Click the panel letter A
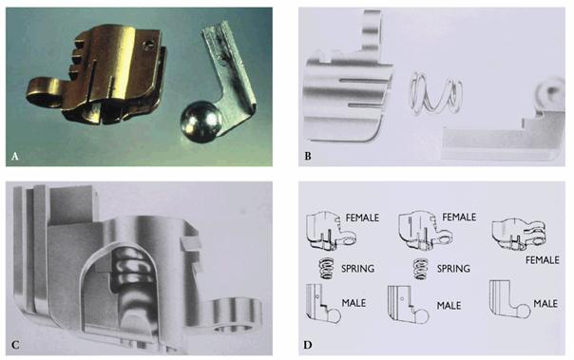coord(14,157)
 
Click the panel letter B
coord(308,156)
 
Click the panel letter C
coord(15,345)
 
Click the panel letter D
coord(308,345)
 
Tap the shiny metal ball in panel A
coord(201,123)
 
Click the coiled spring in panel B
coord(436,93)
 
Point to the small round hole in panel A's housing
coord(147,45)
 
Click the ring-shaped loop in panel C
coord(237,315)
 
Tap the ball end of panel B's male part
coord(550,91)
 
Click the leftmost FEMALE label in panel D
coord(362,218)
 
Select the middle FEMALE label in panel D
coord(459,218)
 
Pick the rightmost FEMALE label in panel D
coord(542,260)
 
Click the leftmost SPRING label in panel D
coord(357,269)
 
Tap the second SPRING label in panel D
coord(453,269)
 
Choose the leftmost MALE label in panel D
coord(354,303)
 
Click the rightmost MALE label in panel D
coord(545,304)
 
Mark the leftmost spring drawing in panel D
coord(327,269)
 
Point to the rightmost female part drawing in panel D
coord(519,235)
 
